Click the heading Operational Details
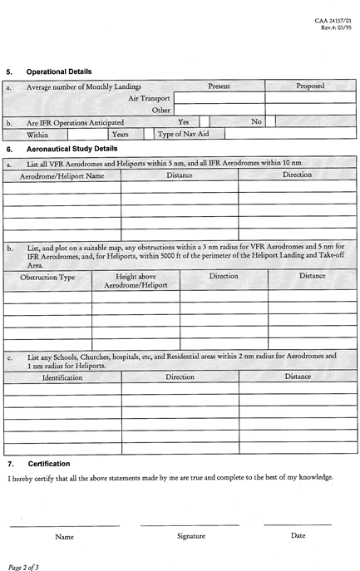pyautogui.click(x=59, y=71)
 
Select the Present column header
pyautogui.click(x=219, y=86)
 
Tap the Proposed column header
pyautogui.click(x=310, y=86)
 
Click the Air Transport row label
pyautogui.click(x=149, y=98)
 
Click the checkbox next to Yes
pyautogui.click(x=205, y=121)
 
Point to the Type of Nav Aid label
pyautogui.click(x=182, y=133)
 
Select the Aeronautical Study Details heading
pyautogui.click(x=72, y=148)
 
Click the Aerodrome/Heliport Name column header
pyautogui.click(x=62, y=175)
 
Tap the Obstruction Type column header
pyautogui.click(x=47, y=276)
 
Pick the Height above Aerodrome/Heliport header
pyautogui.click(x=136, y=280)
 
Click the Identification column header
pyautogui.click(x=62, y=377)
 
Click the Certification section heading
pyautogui.click(x=49, y=463)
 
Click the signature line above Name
pyautogui.click(x=64, y=525)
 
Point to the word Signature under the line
pyautogui.click(x=190, y=536)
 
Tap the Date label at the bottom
pyautogui.click(x=298, y=535)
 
